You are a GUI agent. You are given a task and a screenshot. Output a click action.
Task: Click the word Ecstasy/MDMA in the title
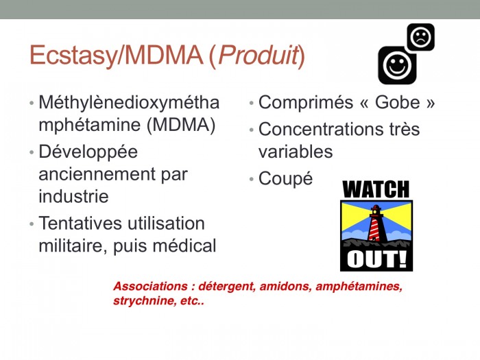pos(117,56)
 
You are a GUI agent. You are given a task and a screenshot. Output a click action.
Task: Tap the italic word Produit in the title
pos(258,55)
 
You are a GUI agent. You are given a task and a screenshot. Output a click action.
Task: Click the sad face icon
pos(420,37)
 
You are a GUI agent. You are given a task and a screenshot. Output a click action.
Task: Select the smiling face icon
pos(397,65)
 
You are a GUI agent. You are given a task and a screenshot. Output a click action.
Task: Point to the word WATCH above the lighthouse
pos(376,189)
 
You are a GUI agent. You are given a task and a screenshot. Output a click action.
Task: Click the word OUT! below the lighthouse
pos(376,259)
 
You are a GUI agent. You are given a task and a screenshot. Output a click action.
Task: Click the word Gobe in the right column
pos(397,102)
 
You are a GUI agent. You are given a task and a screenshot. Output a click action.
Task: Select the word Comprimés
pos(306,103)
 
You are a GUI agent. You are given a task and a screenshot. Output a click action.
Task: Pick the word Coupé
pos(286,178)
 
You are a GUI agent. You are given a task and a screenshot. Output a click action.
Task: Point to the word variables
pos(296,152)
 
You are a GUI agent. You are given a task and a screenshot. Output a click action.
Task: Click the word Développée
pos(88,152)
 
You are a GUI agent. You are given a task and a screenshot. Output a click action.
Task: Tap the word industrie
pos(73,197)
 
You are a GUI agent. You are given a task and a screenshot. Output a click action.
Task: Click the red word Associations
pos(150,286)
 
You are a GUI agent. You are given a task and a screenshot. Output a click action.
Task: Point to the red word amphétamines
pos(359,287)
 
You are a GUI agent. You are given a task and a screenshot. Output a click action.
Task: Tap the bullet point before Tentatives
pos(32,224)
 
